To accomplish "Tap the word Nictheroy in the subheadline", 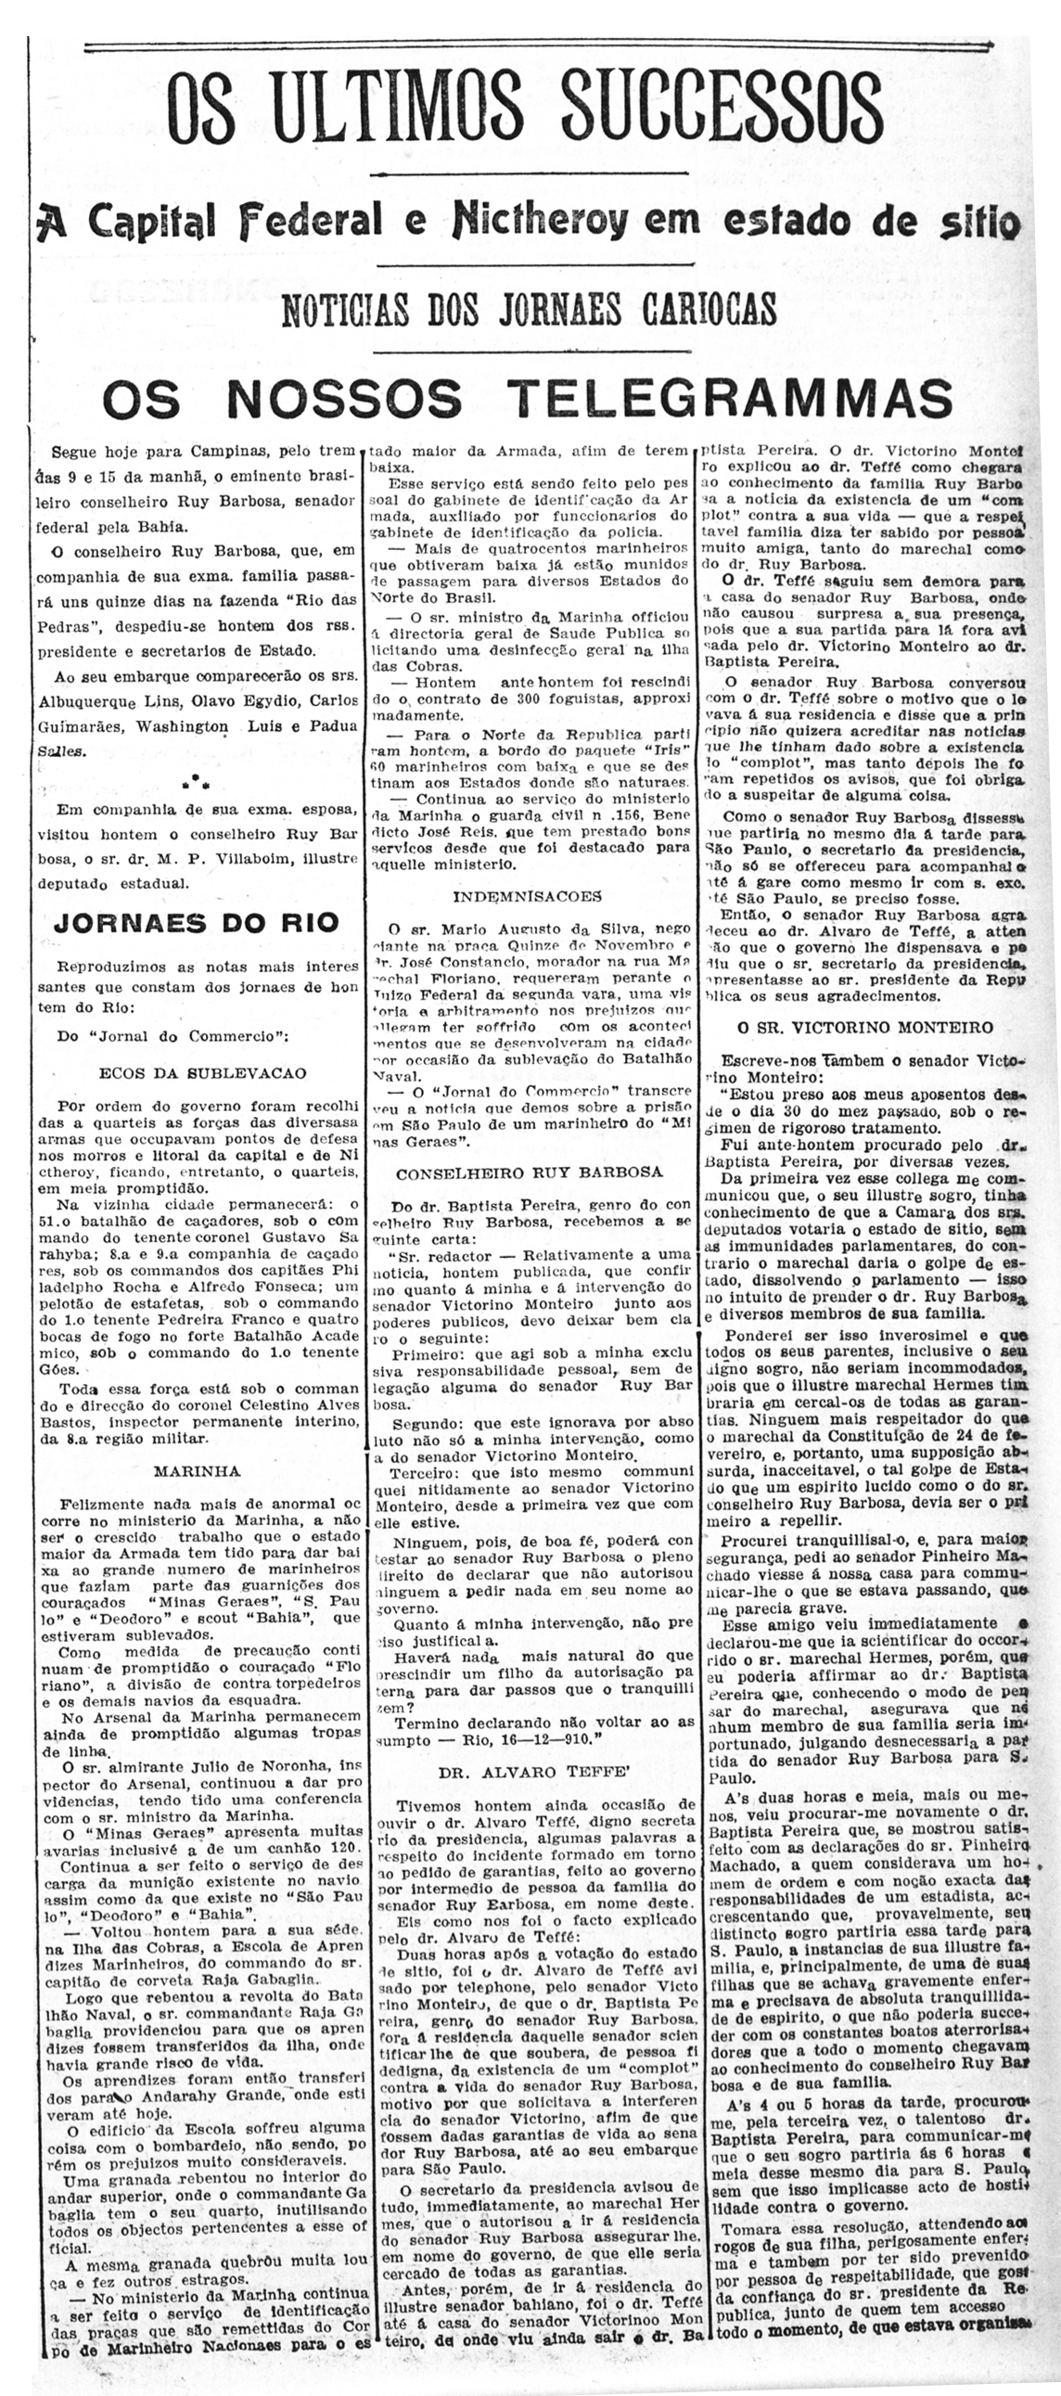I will coord(540,221).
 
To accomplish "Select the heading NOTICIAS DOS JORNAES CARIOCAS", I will coord(529,308).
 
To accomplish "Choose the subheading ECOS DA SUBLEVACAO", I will coord(202,1072).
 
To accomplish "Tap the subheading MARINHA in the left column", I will coord(197,1470).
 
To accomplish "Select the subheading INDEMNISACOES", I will coord(527,897).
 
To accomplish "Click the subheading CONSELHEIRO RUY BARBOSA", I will coord(529,1172).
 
